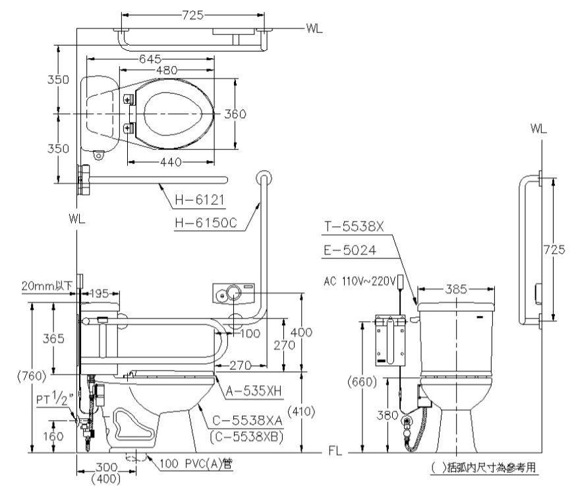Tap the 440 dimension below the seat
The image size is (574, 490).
(171, 162)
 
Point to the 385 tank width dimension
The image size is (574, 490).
(455, 289)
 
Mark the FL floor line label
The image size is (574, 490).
(335, 453)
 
